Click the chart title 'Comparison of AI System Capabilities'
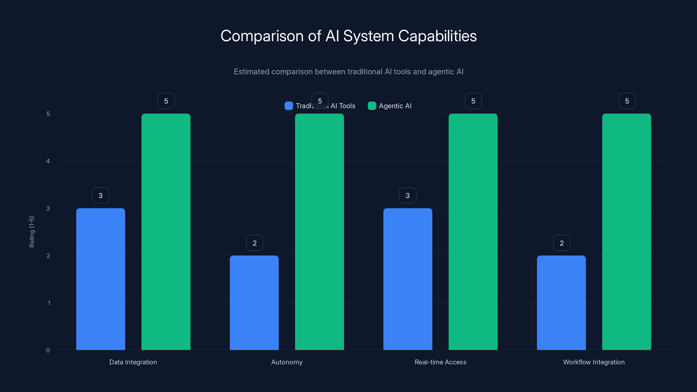348,36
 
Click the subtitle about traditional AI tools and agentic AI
348,72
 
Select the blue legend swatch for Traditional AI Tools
289,106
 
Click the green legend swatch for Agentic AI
372,106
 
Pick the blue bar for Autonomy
254,303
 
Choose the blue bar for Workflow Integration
561,303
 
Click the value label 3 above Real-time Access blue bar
408,195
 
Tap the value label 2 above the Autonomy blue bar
254,243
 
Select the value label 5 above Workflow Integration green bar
627,101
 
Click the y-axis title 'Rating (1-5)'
32,232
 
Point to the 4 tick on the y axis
48,161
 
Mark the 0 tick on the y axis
48,350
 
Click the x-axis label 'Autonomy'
287,362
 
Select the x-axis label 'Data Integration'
133,362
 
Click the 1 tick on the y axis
49,303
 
